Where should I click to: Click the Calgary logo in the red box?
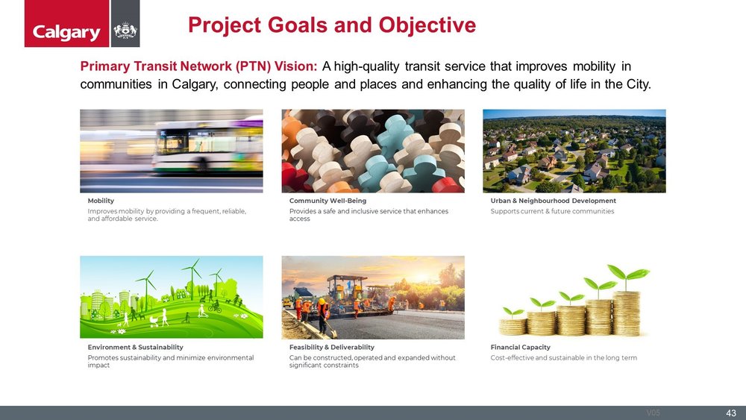click(x=66, y=32)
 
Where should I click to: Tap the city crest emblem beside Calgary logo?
click(x=125, y=31)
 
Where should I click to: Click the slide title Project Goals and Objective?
click(x=332, y=25)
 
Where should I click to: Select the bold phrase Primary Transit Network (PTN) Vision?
click(x=199, y=66)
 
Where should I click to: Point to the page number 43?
click(x=730, y=413)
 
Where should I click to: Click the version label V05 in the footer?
click(x=653, y=413)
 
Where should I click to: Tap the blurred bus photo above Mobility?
click(x=171, y=151)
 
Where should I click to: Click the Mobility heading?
click(x=101, y=201)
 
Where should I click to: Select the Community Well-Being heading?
click(x=327, y=201)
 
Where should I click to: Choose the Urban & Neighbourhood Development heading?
click(x=553, y=201)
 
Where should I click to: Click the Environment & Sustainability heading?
click(x=135, y=348)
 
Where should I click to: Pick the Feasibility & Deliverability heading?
click(x=331, y=348)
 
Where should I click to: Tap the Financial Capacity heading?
click(x=520, y=348)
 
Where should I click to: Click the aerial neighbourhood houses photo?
click(x=574, y=151)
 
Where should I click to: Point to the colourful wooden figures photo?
click(x=372, y=151)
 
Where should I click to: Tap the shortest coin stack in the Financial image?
click(x=513, y=325)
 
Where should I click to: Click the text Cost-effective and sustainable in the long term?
click(x=563, y=358)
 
